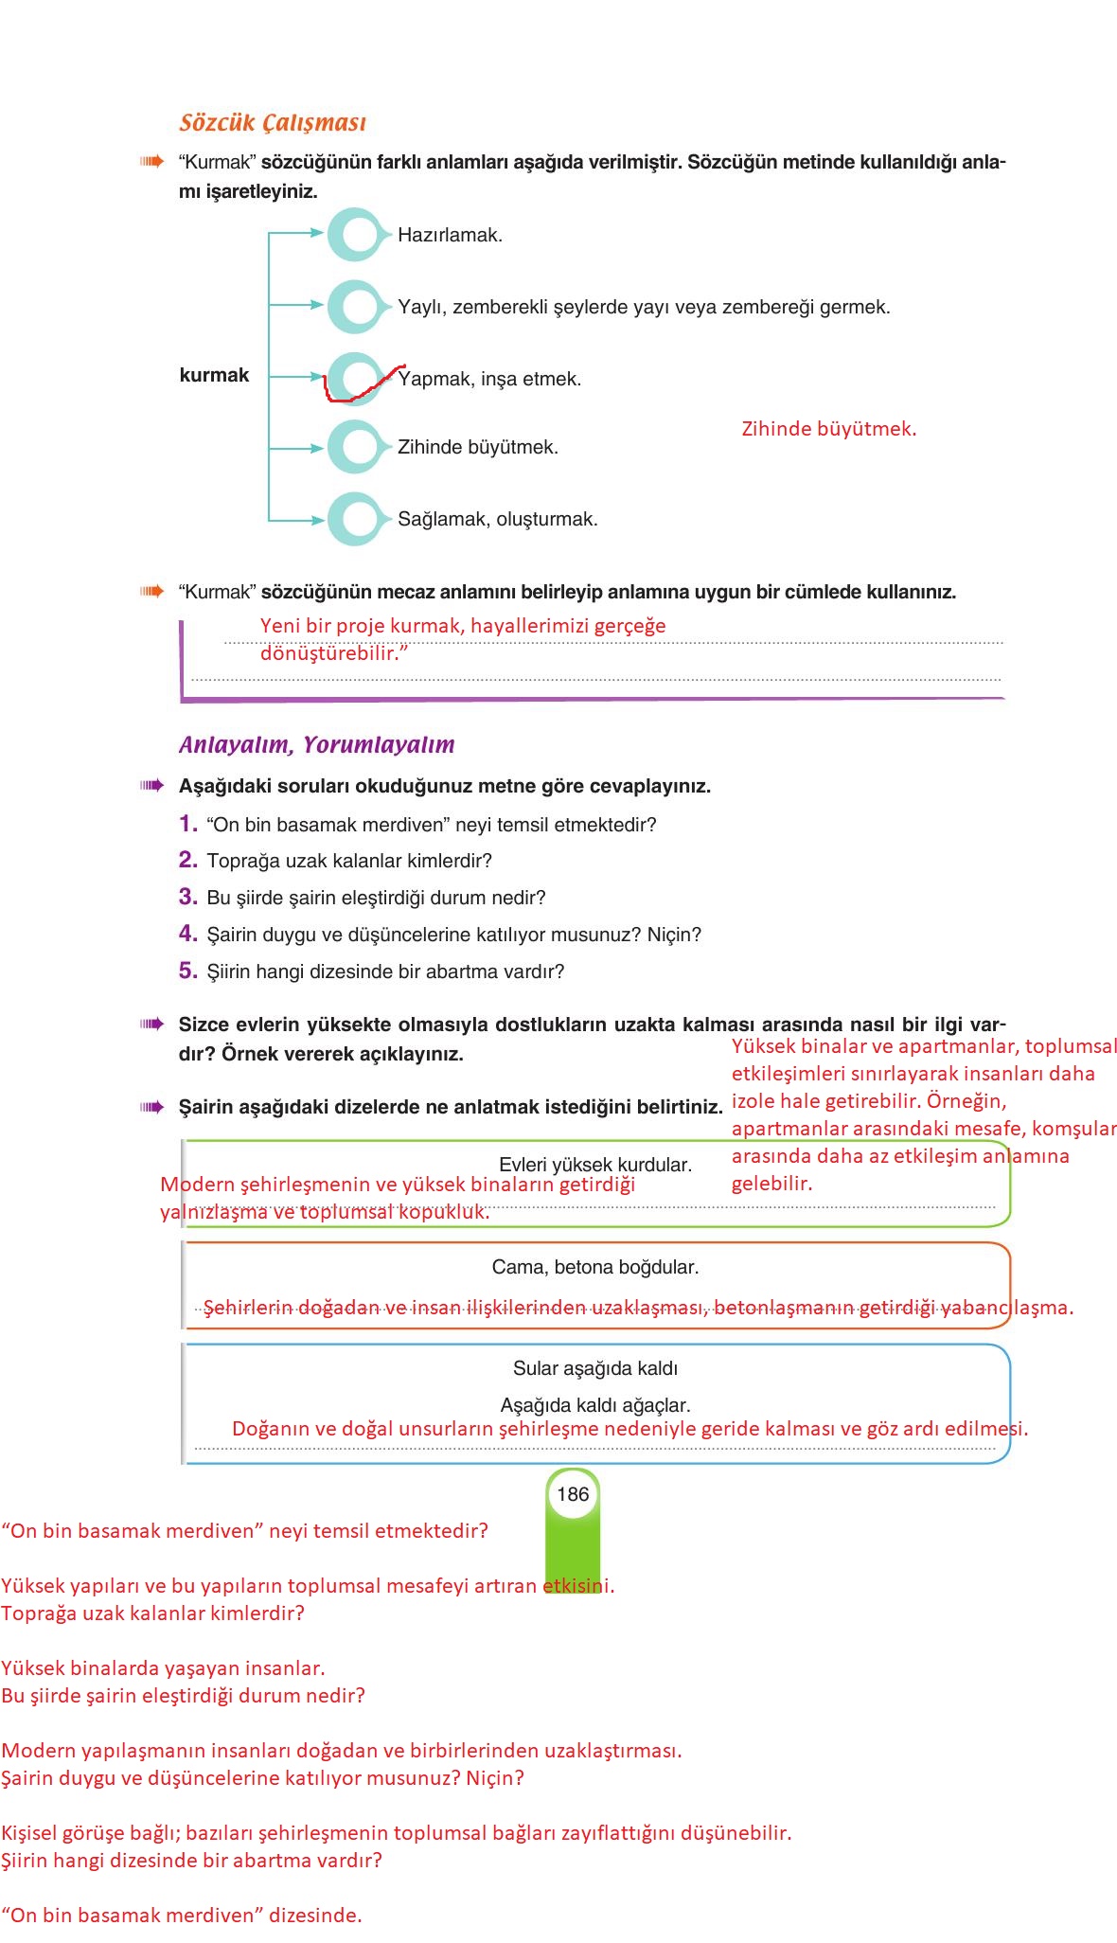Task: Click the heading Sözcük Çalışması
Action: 272,123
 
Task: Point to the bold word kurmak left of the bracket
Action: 214,375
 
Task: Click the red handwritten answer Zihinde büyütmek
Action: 828,429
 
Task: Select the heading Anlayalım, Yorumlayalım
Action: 316,745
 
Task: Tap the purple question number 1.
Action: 187,824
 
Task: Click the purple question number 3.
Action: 187,897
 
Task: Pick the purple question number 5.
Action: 187,971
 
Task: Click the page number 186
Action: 573,1494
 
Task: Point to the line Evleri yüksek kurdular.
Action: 594,1165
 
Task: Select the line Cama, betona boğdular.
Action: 594,1267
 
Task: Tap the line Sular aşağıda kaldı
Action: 594,1368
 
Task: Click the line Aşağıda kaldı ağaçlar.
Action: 594,1405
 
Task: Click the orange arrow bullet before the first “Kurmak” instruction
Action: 151,162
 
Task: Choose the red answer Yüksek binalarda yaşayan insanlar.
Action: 163,1668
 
